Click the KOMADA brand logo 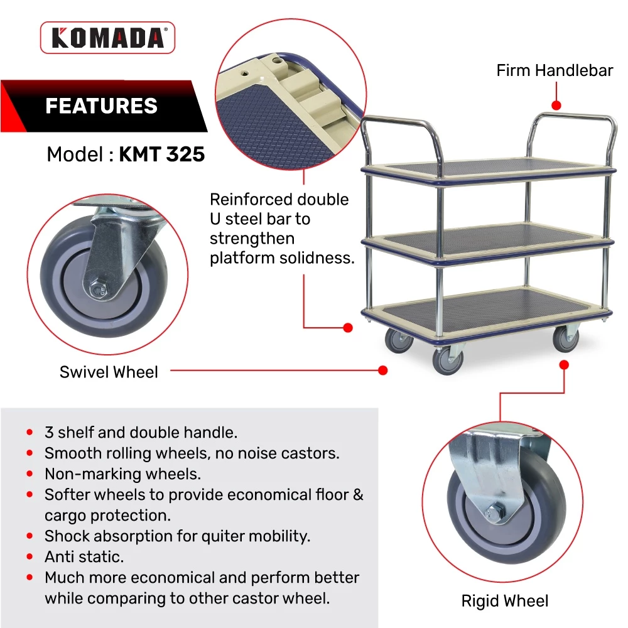point(107,38)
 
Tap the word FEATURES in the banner point(101,106)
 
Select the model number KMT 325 point(162,154)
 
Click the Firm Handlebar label point(555,70)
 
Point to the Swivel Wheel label point(109,372)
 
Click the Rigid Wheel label point(505,601)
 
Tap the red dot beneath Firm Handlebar point(556,106)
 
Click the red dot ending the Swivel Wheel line point(383,371)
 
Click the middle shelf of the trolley point(487,242)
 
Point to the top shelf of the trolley point(489,170)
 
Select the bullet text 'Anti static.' point(84,556)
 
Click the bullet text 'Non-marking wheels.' point(122,474)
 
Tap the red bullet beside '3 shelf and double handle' point(30,432)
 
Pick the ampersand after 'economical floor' point(358,495)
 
